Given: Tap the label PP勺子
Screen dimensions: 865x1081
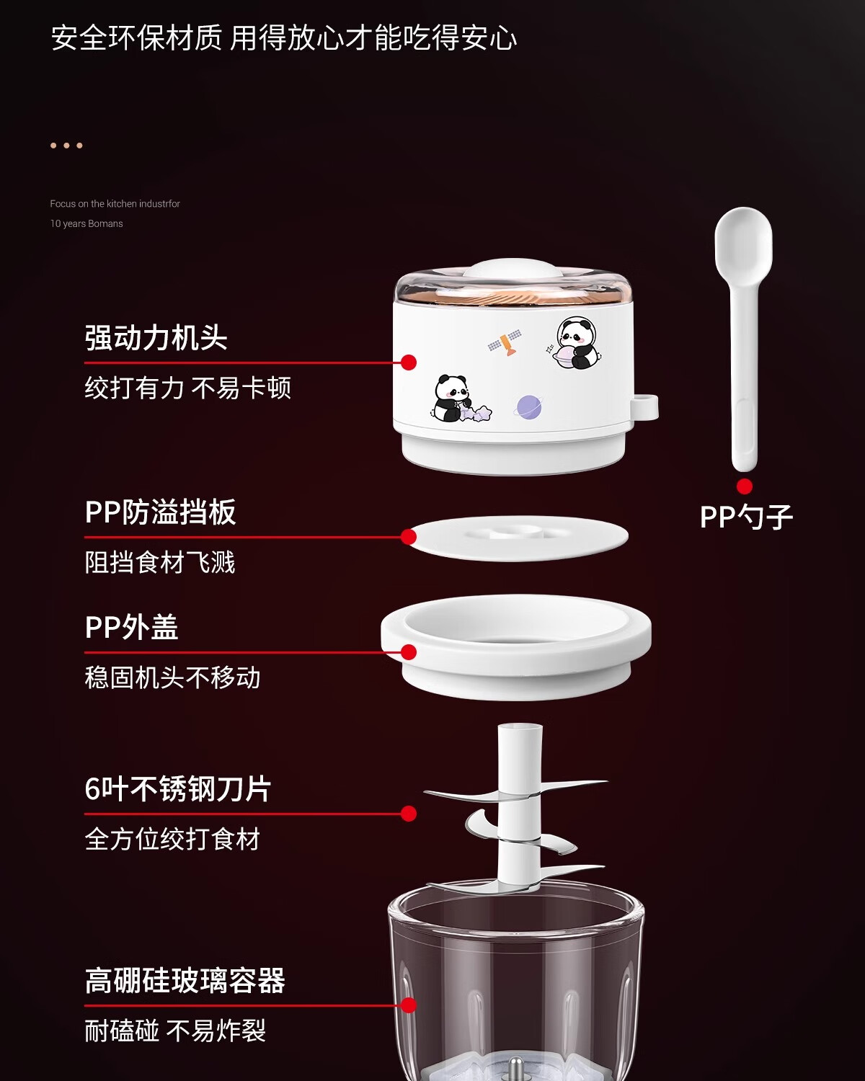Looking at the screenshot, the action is click(x=746, y=517).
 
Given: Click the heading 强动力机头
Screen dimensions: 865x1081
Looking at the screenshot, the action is click(x=156, y=337).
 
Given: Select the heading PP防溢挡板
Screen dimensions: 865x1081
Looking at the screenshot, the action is click(x=161, y=512).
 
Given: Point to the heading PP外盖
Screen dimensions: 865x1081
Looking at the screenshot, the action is click(x=132, y=627).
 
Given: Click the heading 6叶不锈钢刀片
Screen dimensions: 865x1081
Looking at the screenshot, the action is click(x=178, y=789).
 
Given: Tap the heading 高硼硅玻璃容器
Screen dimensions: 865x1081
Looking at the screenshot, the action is click(x=185, y=981).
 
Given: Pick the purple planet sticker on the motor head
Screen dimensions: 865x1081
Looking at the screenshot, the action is click(x=528, y=406).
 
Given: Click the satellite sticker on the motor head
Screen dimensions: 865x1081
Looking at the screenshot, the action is click(x=505, y=343).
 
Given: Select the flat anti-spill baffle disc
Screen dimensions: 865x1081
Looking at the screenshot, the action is click(x=518, y=537).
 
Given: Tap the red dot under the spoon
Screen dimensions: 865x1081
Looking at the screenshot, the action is click(x=745, y=486).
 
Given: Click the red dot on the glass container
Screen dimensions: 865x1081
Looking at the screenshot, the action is click(x=409, y=1005).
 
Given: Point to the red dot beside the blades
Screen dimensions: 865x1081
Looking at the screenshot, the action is click(x=409, y=814).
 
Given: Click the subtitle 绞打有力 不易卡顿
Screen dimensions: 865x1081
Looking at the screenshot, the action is click(x=188, y=388).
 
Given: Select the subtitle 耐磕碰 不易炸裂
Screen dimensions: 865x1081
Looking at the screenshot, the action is click(x=175, y=1031).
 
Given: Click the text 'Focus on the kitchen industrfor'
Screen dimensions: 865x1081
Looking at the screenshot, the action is click(x=115, y=204).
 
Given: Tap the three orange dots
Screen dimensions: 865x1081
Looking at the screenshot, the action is click(x=66, y=146).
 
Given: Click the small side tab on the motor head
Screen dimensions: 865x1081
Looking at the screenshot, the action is click(x=646, y=406).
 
